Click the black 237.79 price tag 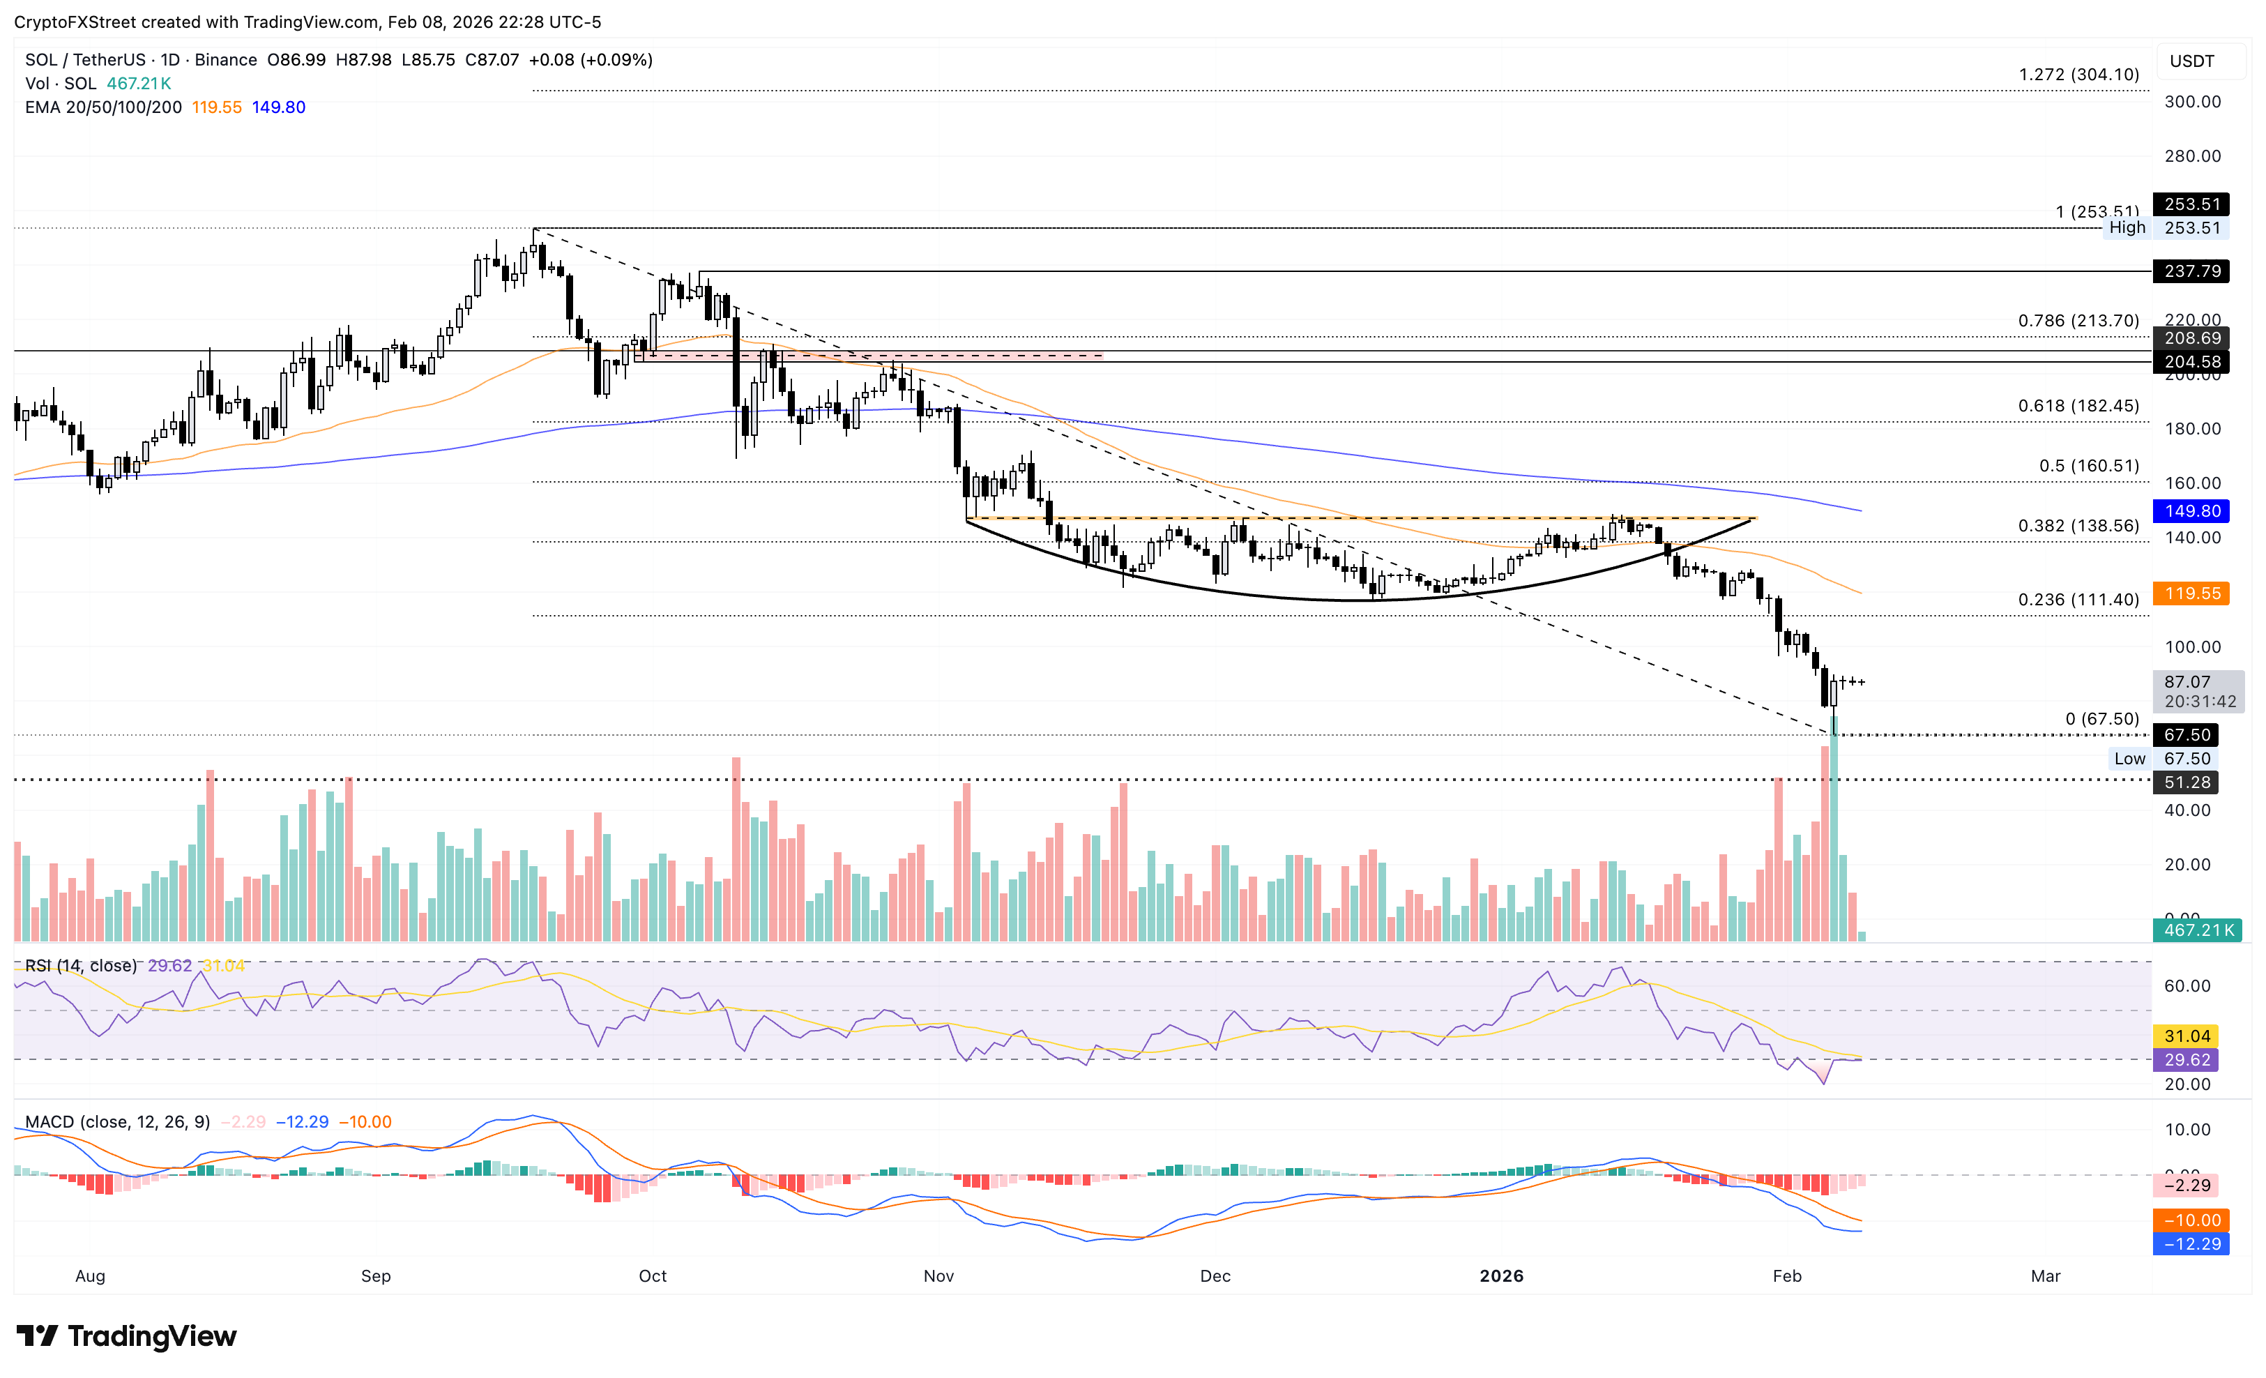click(x=2191, y=271)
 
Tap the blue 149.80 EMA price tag click(x=2191, y=510)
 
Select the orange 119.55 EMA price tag click(x=2191, y=593)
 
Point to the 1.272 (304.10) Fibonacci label click(x=2078, y=75)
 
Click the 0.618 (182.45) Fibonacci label click(x=2078, y=406)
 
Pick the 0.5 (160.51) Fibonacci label click(x=2088, y=465)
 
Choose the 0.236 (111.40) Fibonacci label click(x=2078, y=600)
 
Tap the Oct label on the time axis click(x=652, y=1276)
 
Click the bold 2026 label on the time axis click(x=1501, y=1276)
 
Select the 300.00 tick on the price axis click(x=2191, y=101)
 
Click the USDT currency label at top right click(x=2191, y=61)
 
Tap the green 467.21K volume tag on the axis click(x=2197, y=930)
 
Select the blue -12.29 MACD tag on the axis click(x=2191, y=1243)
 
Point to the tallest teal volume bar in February click(x=1834, y=828)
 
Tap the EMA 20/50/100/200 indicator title click(x=103, y=107)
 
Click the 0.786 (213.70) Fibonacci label click(x=2078, y=321)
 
